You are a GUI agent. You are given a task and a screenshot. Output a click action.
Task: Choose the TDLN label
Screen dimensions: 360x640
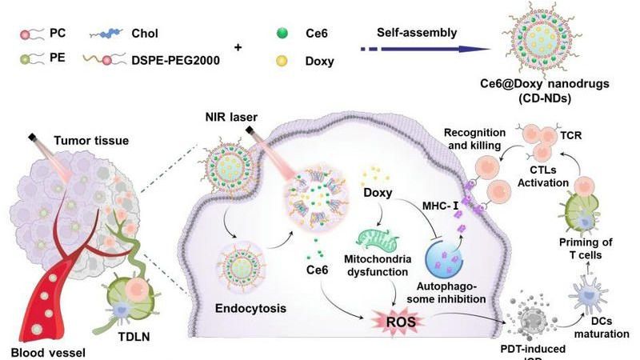coord(138,328)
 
